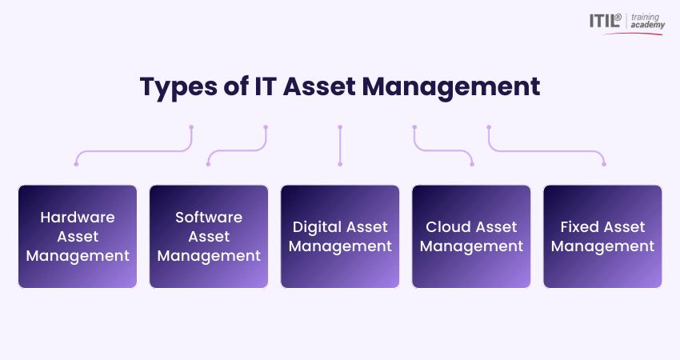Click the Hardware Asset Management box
[x=78, y=236]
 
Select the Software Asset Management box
[x=209, y=236]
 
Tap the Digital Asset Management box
[x=340, y=236]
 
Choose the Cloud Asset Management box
[x=471, y=236]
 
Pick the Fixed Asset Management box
[x=602, y=236]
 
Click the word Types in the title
[x=176, y=86]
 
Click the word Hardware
[x=78, y=217]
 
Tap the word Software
[x=209, y=217]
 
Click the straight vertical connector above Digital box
[x=340, y=146]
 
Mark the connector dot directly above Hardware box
[x=76, y=164]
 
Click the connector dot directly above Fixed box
[x=604, y=164]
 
